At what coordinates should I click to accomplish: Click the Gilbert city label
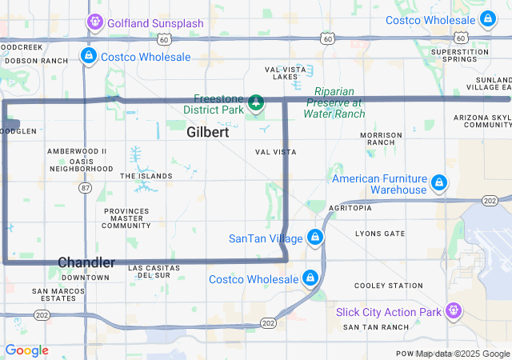(x=207, y=133)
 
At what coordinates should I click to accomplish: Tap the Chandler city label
(x=86, y=262)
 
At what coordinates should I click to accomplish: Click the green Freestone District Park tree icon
(x=255, y=102)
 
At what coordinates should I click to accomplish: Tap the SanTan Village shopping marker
(x=316, y=238)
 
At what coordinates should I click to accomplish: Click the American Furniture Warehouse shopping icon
(x=438, y=184)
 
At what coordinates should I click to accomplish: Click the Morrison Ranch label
(x=381, y=138)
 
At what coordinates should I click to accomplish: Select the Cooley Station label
(x=389, y=286)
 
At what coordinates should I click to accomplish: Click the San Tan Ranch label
(x=375, y=327)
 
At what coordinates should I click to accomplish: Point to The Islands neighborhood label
(x=146, y=176)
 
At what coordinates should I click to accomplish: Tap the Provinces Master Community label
(x=126, y=218)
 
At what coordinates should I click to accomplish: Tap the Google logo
(x=26, y=350)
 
